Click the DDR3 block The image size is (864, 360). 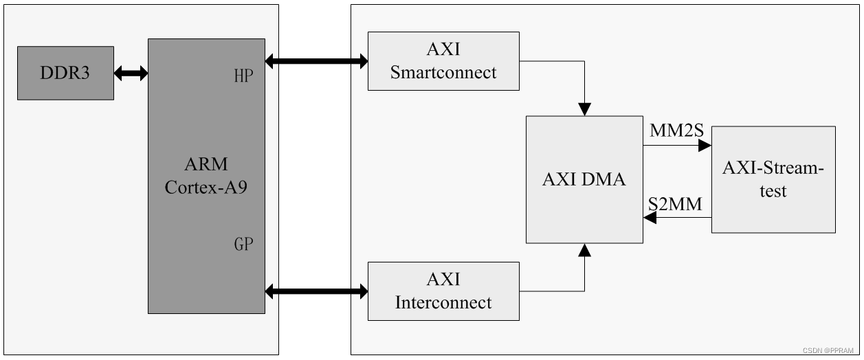click(x=65, y=73)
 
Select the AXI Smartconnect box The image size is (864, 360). click(x=443, y=60)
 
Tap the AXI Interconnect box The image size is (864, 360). click(x=443, y=291)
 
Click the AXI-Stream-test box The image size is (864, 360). click(x=773, y=179)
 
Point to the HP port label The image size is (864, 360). click(x=244, y=76)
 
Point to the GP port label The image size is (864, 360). click(x=244, y=244)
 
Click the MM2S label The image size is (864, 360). click(x=676, y=130)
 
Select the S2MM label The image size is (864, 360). click(x=676, y=204)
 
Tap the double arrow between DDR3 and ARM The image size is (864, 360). click(x=131, y=73)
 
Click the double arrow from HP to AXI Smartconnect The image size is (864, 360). click(x=316, y=62)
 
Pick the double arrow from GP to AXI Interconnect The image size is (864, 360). click(x=316, y=292)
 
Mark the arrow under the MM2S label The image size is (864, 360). click(x=677, y=146)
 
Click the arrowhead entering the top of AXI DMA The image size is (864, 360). click(x=584, y=109)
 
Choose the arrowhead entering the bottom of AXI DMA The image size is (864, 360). click(x=584, y=249)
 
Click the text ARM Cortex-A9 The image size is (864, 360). click(x=206, y=176)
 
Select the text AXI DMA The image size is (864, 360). click(x=584, y=179)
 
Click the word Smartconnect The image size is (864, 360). click(x=443, y=73)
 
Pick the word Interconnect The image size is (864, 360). click(x=443, y=302)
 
